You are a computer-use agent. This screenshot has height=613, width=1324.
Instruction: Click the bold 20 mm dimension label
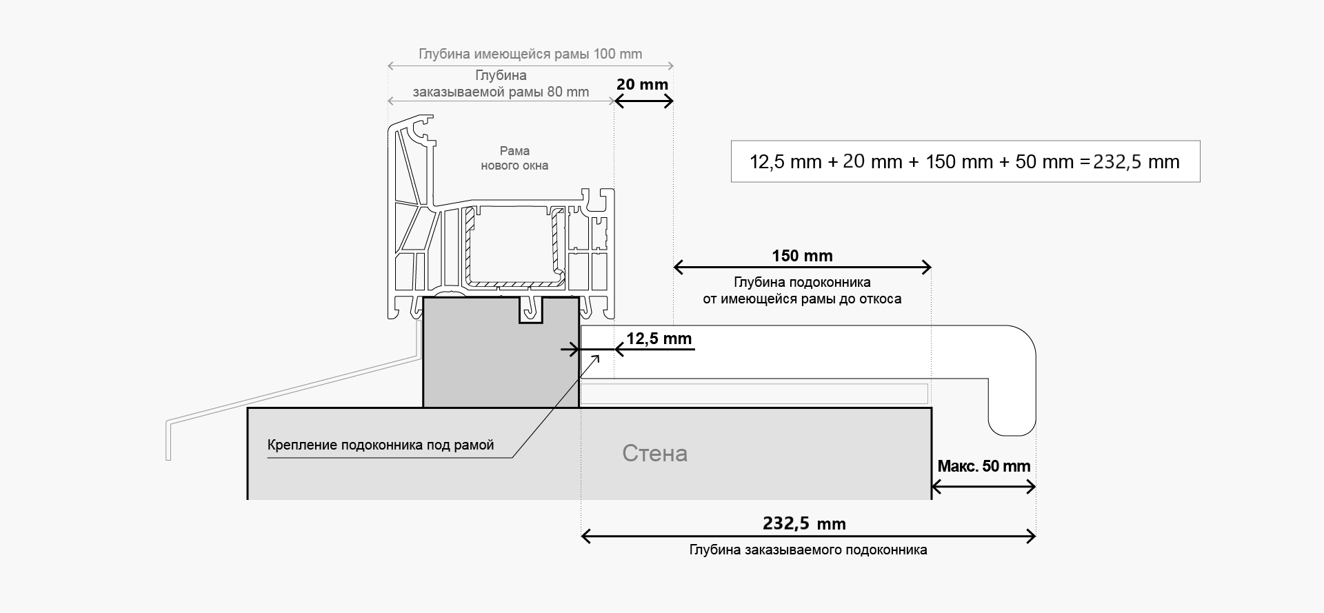(x=642, y=85)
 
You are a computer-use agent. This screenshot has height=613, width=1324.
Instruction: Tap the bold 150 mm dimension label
(x=802, y=256)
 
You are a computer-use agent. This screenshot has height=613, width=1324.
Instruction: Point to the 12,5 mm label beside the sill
(x=659, y=339)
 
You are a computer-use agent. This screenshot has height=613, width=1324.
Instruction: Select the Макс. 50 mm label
(x=983, y=466)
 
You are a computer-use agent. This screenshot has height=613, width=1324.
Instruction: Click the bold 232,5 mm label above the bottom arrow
(x=804, y=524)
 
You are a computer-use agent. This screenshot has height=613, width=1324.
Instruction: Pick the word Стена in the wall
(x=654, y=453)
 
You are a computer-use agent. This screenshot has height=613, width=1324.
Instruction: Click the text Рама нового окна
(x=514, y=158)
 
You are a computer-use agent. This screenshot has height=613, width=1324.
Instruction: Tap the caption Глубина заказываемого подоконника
(x=808, y=550)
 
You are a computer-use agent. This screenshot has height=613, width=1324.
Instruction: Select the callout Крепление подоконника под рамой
(x=381, y=445)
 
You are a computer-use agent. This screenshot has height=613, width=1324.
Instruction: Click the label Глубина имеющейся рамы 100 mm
(x=530, y=54)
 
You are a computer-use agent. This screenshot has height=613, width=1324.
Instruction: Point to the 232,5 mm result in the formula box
(x=1136, y=162)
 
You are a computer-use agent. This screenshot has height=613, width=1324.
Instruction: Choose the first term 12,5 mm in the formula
(x=785, y=162)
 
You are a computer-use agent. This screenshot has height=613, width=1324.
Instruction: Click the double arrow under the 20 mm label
(x=643, y=101)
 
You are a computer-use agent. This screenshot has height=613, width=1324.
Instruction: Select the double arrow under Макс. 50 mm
(x=983, y=488)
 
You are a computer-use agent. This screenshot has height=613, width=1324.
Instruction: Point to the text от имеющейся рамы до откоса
(x=802, y=299)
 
